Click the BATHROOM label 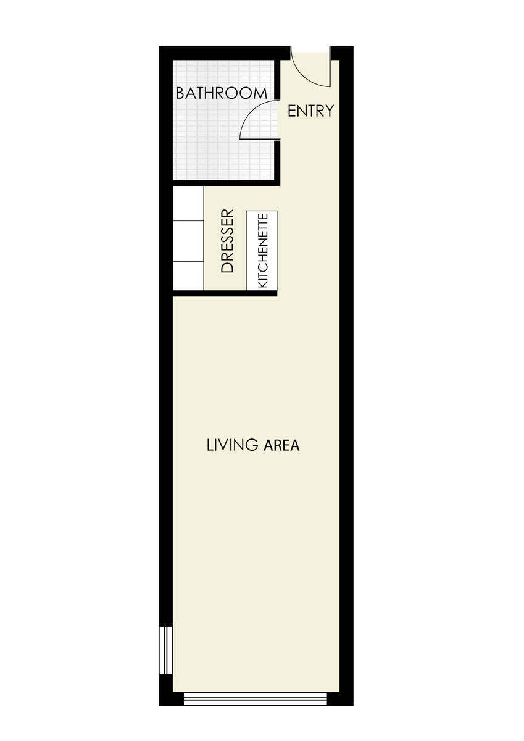tap(221, 93)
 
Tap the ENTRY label tap(311, 111)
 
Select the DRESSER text tap(227, 241)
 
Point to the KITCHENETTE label tap(262, 251)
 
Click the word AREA tap(281, 445)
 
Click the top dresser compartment tap(188, 204)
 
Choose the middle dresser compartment tap(188, 241)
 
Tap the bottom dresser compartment tap(188, 276)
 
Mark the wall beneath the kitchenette tap(225, 293)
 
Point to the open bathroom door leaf tap(259, 139)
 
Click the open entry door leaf tap(330, 67)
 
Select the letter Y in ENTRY tap(330, 111)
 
